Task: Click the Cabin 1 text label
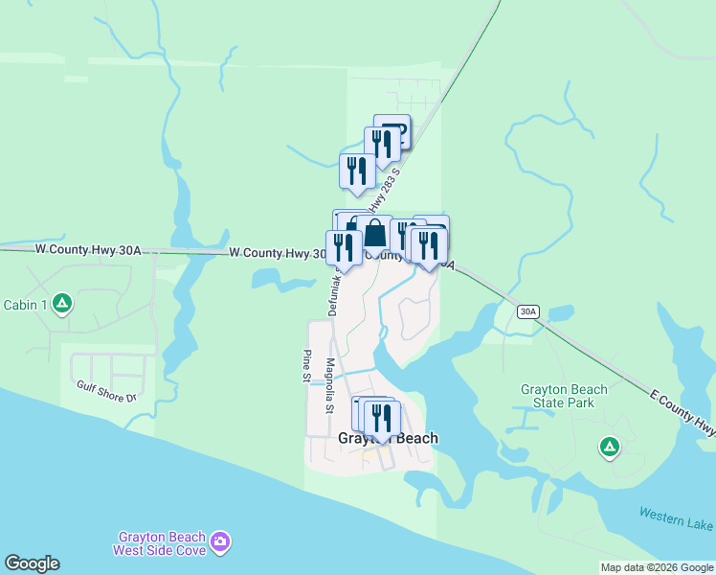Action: pyautogui.click(x=26, y=305)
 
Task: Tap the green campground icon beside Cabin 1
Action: pyautogui.click(x=62, y=305)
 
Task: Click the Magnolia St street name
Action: pyautogui.click(x=328, y=385)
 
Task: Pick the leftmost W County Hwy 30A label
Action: pyautogui.click(x=88, y=250)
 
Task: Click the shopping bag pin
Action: pyautogui.click(x=375, y=233)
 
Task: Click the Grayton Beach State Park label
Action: pyautogui.click(x=564, y=396)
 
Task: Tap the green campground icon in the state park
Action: pyautogui.click(x=608, y=447)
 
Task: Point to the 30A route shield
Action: pyautogui.click(x=528, y=311)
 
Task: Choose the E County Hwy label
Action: pyautogui.click(x=682, y=413)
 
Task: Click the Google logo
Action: pyautogui.click(x=33, y=563)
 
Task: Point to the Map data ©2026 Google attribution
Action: pyautogui.click(x=657, y=567)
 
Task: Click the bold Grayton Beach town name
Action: pyautogui.click(x=388, y=439)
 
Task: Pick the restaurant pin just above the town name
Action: pyautogui.click(x=381, y=417)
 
